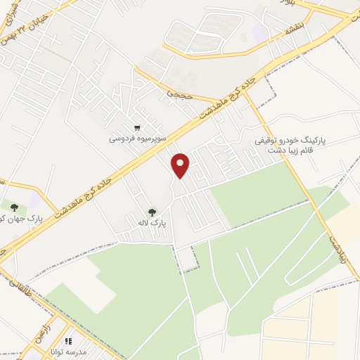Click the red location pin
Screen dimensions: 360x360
click(x=181, y=165)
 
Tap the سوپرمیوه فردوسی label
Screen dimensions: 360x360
click(x=137, y=139)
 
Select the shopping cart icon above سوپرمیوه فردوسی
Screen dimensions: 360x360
click(x=138, y=128)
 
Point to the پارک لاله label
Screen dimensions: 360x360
click(x=152, y=223)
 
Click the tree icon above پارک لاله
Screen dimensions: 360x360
click(x=151, y=212)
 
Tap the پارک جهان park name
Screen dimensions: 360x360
click(x=21, y=218)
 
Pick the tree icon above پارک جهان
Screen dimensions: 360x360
click(x=14, y=206)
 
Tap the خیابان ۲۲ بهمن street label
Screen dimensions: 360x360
click(x=46, y=19)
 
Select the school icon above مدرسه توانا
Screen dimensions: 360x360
click(x=69, y=341)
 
